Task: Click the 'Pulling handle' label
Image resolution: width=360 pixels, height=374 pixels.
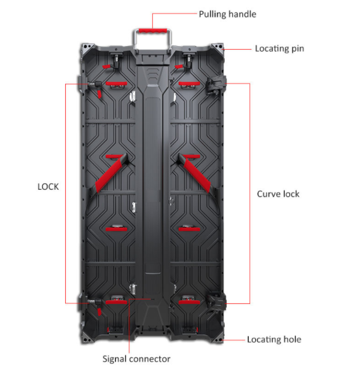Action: tap(227, 14)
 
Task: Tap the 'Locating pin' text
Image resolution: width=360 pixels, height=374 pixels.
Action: tap(280, 49)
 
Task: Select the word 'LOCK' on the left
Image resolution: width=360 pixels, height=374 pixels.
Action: tap(48, 187)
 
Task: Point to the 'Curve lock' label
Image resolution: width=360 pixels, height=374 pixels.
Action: tap(278, 194)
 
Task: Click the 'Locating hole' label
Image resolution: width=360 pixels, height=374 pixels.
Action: tap(274, 340)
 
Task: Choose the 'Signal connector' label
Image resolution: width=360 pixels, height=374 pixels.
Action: tap(136, 359)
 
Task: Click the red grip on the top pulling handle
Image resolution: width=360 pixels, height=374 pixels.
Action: tap(153, 31)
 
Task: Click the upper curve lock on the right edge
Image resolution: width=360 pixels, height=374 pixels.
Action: tap(216, 85)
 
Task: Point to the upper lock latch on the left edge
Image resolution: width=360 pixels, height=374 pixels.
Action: tap(90, 84)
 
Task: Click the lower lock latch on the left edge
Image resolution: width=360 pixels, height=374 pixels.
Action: tap(90, 302)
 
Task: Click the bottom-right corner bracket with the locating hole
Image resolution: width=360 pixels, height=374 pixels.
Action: tap(217, 337)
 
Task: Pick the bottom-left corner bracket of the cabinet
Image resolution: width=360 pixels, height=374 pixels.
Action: tap(87, 337)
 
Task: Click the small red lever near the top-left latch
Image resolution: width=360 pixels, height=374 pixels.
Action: tap(106, 66)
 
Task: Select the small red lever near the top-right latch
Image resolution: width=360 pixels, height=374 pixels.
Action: tap(179, 66)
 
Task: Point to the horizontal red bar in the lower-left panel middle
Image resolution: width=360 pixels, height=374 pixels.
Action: tap(116, 229)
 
